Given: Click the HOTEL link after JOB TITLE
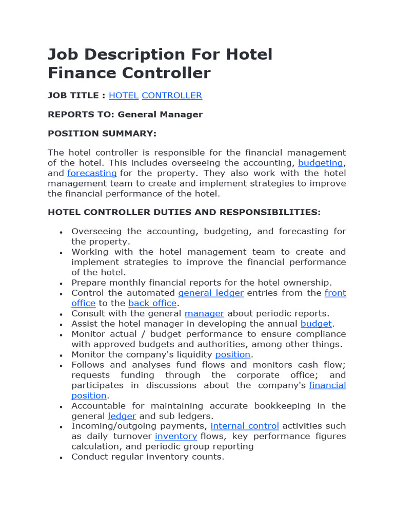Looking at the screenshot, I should coord(124,96).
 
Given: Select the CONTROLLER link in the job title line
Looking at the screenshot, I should coord(172,96).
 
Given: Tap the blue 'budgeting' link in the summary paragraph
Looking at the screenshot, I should coord(321,163).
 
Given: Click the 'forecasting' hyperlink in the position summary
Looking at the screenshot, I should coord(92,173).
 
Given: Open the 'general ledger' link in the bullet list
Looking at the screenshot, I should coord(211,293).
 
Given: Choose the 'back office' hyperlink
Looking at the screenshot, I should coord(152,303).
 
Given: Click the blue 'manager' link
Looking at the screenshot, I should coord(204,313).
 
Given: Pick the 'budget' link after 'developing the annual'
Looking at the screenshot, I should coord(316,324).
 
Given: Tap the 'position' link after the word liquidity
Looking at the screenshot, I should coord(233,354).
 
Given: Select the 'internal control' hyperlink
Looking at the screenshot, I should coord(245,426).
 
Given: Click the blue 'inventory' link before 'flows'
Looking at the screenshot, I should coord(176,436).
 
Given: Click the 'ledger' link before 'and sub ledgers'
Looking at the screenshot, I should coord(122,416).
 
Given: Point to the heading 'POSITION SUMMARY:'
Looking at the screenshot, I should coord(102,134).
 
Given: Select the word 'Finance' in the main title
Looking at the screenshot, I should coord(82,73).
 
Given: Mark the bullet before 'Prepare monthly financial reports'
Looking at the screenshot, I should coord(62,284).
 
